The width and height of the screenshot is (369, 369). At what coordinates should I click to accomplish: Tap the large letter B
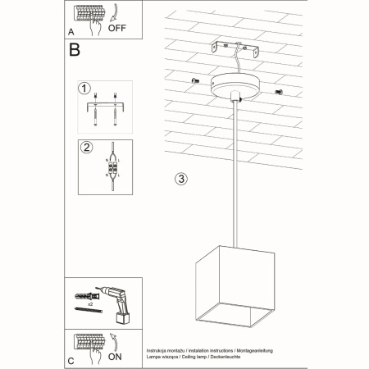(x=75, y=50)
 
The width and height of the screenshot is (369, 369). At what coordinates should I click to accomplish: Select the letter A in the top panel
(x=71, y=32)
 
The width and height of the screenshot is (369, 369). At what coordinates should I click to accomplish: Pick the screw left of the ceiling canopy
(x=196, y=80)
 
